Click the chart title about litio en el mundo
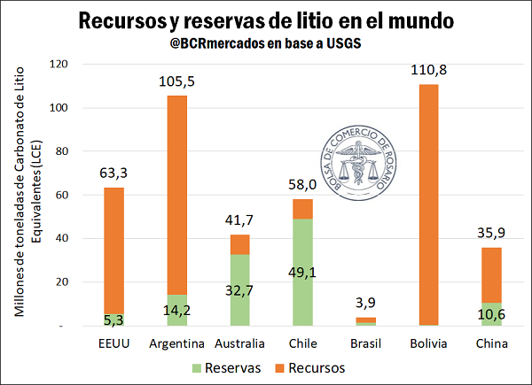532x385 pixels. click(x=266, y=19)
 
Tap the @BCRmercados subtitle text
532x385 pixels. click(x=266, y=42)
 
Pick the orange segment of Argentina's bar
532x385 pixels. click(x=176, y=195)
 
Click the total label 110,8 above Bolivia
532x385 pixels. click(x=429, y=72)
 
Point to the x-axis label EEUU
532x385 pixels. click(x=113, y=343)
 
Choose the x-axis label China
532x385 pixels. click(x=492, y=343)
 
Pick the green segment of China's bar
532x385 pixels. click(x=492, y=314)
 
